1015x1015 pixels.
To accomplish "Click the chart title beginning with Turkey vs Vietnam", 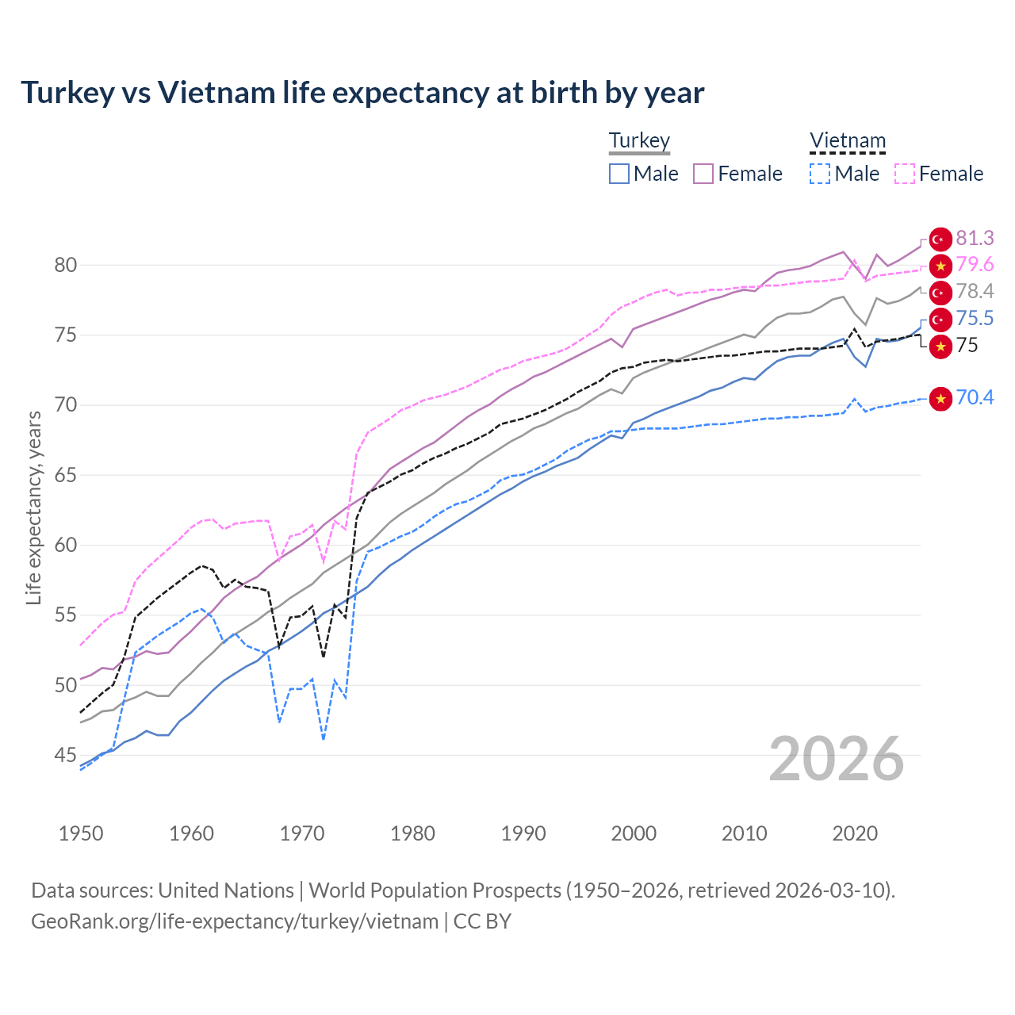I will pos(362,93).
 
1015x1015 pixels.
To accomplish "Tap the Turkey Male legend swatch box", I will pos(619,174).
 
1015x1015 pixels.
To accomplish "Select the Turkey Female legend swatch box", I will pos(703,174).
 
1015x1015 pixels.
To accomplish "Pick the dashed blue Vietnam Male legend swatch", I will pos(820,174).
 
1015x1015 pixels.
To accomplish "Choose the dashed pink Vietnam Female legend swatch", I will pos(905,174).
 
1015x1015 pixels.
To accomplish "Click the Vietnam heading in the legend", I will pos(847,141).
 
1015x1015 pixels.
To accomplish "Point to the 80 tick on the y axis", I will pos(66,265).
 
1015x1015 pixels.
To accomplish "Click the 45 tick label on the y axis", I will pos(66,755).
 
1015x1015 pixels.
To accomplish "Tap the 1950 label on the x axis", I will pos(81,833).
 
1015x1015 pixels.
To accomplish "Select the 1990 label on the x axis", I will pos(523,833).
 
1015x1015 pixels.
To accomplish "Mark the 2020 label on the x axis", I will pos(855,833).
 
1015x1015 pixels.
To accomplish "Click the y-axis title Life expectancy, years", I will pos(33,507).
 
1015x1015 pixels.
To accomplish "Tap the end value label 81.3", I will pos(975,238).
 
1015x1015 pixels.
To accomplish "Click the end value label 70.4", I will pos(975,397).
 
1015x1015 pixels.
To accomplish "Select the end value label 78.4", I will pos(975,291).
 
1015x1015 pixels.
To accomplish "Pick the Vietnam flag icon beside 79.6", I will pos(940,266).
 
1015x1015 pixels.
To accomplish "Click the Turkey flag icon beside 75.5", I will pos(940,319).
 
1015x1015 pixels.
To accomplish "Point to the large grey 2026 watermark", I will pos(837,759).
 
